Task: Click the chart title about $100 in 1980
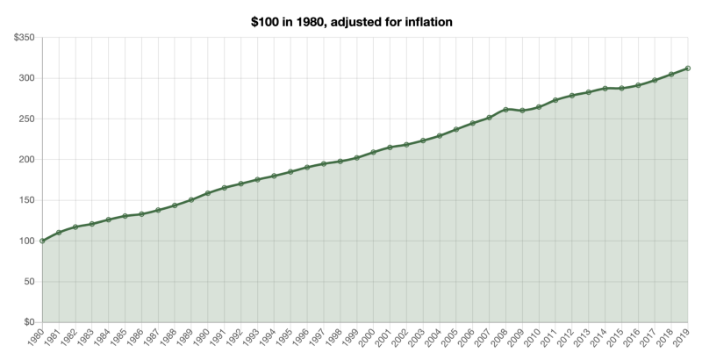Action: (x=351, y=20)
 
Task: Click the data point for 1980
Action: (x=42, y=241)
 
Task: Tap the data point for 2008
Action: (x=505, y=109)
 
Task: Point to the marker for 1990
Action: (x=208, y=193)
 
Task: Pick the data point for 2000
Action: (x=373, y=152)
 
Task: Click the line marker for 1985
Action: (x=125, y=216)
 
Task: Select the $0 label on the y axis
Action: (x=28, y=322)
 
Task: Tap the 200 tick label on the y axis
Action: (x=26, y=160)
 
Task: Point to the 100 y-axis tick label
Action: (x=26, y=241)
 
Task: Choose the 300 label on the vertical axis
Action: (x=26, y=78)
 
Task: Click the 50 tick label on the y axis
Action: (x=29, y=282)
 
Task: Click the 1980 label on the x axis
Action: (x=36, y=340)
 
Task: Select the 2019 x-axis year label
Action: (x=682, y=340)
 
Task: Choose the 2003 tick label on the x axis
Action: (x=417, y=340)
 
